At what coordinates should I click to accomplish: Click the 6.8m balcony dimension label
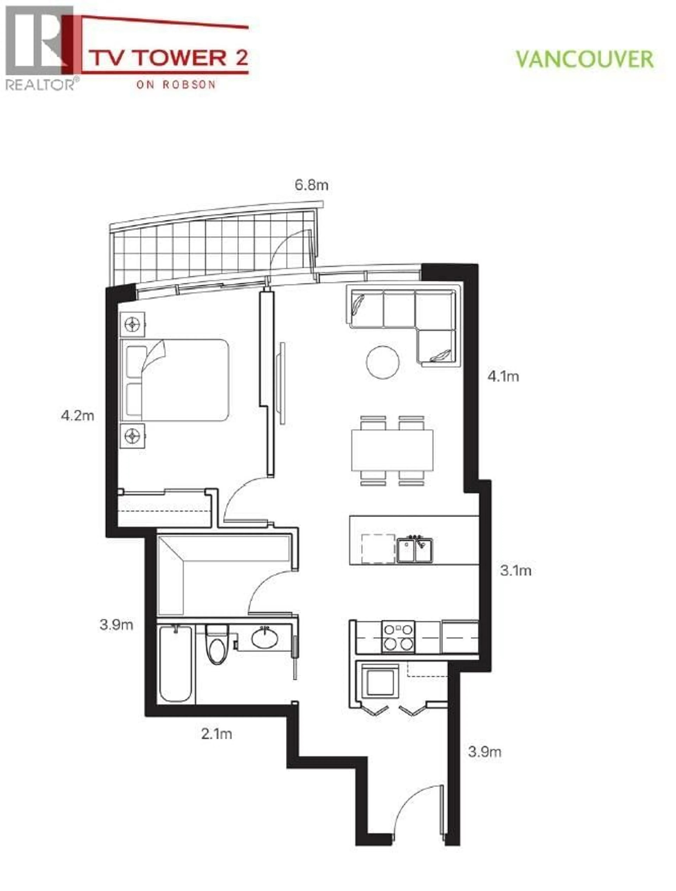point(311,185)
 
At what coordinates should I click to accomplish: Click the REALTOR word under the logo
point(39,85)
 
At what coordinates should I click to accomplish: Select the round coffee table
point(383,362)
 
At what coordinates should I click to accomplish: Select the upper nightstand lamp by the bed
point(132,324)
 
